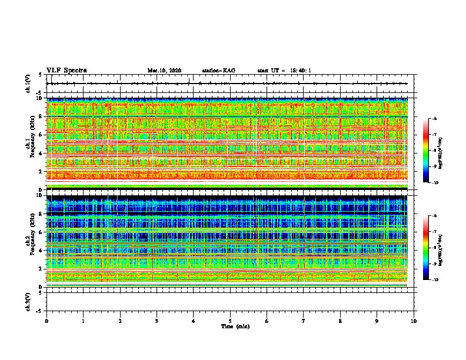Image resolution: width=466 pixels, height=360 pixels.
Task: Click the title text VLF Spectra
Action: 66,71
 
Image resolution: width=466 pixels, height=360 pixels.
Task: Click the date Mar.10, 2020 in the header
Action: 164,71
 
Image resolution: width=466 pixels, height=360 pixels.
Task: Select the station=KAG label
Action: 218,71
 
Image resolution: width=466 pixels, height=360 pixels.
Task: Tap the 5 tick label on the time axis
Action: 230,321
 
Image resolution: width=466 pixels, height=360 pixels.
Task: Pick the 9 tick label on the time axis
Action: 377,321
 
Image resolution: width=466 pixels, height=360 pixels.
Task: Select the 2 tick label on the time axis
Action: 120,321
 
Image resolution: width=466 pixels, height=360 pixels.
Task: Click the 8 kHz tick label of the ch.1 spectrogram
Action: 40,116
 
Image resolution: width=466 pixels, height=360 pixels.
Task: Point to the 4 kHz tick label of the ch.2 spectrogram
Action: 40,250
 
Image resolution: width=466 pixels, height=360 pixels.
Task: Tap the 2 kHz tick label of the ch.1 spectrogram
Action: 40,172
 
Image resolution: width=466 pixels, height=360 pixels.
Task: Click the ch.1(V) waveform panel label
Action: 28,84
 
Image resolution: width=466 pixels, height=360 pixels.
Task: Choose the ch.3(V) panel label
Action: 28,301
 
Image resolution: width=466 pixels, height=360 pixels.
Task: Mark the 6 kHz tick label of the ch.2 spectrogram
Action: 40,232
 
